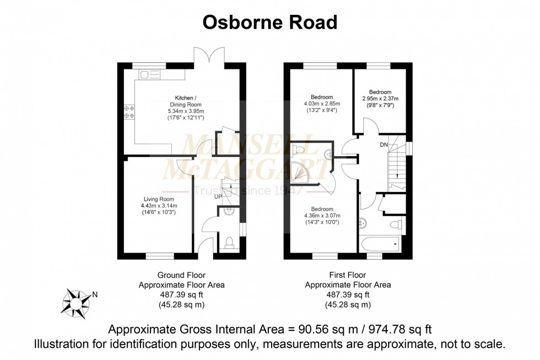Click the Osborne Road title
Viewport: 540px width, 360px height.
click(269, 22)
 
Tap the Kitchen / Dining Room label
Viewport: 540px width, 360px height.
click(185, 101)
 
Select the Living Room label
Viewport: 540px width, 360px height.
click(159, 199)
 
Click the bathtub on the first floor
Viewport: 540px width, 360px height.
click(380, 243)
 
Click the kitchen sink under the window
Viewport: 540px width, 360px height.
click(149, 74)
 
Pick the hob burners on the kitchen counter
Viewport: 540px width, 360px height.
click(129, 112)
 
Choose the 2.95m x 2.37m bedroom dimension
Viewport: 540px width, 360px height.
click(380, 99)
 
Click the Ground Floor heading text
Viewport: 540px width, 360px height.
click(181, 275)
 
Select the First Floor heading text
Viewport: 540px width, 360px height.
click(348, 275)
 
